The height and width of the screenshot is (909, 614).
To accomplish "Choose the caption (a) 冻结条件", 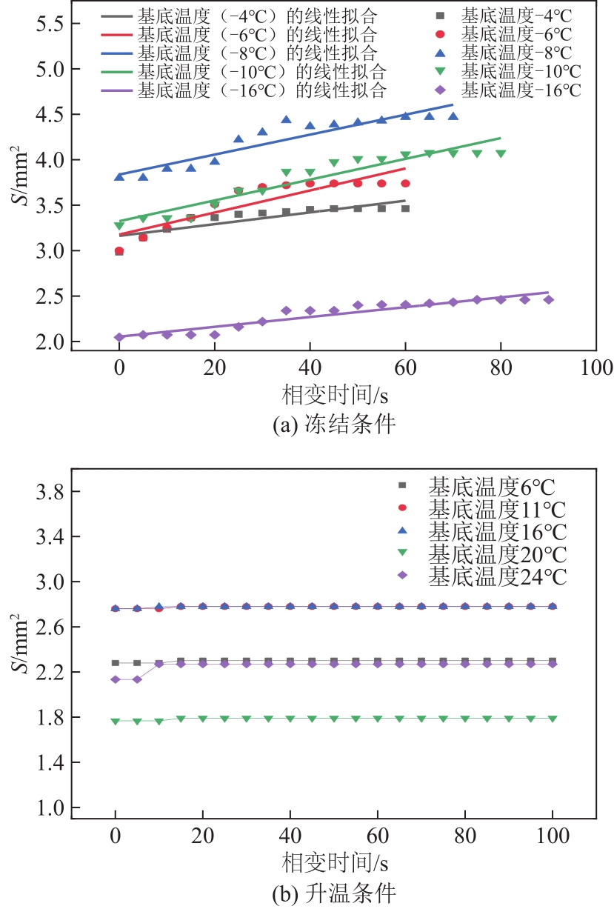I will (334, 425).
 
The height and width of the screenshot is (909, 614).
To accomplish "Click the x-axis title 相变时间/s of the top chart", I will (334, 393).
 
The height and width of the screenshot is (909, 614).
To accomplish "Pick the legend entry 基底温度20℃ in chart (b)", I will (497, 554).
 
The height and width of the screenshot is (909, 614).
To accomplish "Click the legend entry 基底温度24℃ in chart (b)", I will (497, 576).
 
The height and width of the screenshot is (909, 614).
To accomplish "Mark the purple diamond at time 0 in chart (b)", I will (116, 679).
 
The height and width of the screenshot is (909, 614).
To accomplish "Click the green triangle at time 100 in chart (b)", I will (553, 719).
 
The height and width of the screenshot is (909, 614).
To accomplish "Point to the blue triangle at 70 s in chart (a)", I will (453, 116).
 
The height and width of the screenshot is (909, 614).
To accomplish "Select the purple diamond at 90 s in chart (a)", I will (548, 300).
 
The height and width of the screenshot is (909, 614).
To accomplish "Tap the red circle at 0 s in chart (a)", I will (119, 252).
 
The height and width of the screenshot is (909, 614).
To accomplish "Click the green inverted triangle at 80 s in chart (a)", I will (501, 154).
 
